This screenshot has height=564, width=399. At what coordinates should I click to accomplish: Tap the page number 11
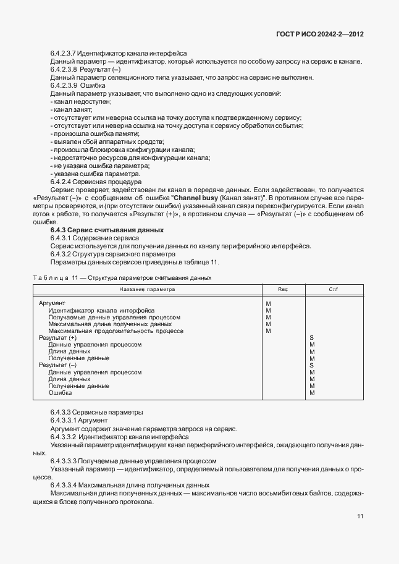point(359,517)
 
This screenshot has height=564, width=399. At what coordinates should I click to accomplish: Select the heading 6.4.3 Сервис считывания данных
point(106,230)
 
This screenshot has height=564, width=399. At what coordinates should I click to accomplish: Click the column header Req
point(283,289)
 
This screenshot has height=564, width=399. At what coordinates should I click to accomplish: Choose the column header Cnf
point(333,289)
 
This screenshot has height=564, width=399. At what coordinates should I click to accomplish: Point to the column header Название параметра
point(147,289)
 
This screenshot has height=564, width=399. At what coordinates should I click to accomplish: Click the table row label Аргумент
point(52,303)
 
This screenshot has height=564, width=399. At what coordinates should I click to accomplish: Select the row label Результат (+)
point(57,338)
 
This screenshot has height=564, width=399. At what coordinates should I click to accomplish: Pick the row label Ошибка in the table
point(60,393)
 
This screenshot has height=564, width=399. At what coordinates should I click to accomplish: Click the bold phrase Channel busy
point(193,198)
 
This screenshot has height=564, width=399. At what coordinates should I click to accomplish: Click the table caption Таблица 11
point(59,278)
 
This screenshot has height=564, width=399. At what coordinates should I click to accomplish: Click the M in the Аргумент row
point(268,303)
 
